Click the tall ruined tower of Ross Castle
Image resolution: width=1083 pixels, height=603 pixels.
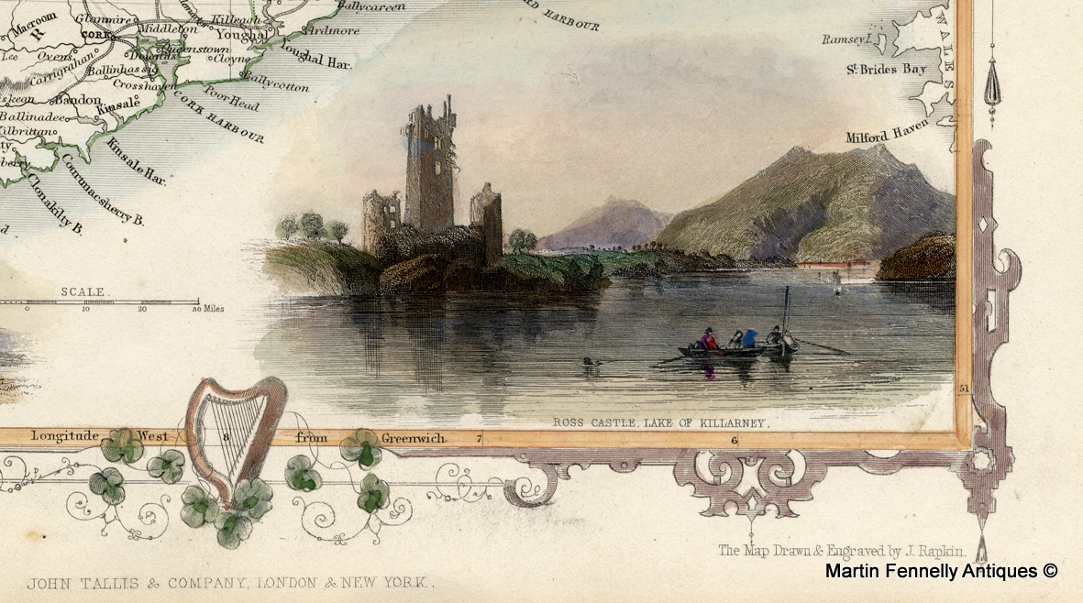(x=429, y=165)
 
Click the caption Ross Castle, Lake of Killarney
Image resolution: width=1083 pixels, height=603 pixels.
(x=658, y=423)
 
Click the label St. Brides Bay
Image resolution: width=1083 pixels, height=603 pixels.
(x=887, y=69)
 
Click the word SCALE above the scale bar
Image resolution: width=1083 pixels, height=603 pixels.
(x=83, y=292)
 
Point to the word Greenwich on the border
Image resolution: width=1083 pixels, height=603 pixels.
(x=414, y=438)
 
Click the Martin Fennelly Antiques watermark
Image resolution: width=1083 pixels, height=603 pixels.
(x=942, y=571)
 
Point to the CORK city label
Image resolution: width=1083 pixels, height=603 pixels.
(x=89, y=36)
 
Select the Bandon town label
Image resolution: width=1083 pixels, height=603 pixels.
(x=77, y=98)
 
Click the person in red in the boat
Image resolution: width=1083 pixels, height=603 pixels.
(x=708, y=341)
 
